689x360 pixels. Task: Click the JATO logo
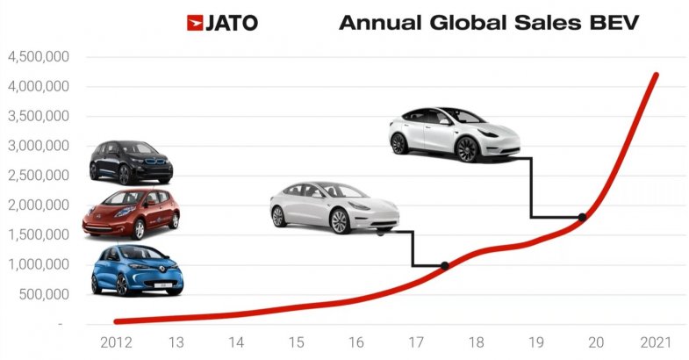tap(222, 23)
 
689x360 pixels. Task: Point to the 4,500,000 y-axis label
tap(39, 57)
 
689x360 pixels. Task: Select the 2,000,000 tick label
tap(39, 205)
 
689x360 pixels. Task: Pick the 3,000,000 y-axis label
tap(39, 146)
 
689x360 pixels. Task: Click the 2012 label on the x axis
tap(117, 341)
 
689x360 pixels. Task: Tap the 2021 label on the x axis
tap(656, 341)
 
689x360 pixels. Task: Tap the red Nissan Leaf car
tap(131, 214)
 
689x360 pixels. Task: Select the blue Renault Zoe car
tap(137, 270)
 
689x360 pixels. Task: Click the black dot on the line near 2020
tap(582, 217)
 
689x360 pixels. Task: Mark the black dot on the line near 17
tap(444, 265)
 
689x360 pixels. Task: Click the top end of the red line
tap(656, 76)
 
